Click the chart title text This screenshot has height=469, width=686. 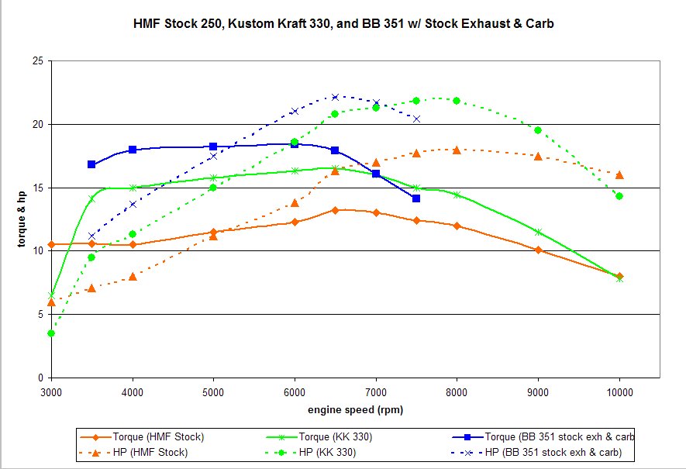343,24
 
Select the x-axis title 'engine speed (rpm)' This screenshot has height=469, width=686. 354,409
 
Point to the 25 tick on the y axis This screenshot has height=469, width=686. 36,61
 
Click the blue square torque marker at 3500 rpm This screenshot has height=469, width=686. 91,164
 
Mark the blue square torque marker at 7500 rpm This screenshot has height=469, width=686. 416,198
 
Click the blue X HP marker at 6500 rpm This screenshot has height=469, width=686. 335,97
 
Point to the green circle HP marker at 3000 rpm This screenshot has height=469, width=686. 51,333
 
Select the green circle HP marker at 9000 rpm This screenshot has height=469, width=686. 538,130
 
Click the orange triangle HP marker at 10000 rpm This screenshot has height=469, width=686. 619,174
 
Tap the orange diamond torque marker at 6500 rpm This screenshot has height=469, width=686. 335,210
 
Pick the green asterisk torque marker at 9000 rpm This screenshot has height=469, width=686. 538,232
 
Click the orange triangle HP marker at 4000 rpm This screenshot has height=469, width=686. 133,276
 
